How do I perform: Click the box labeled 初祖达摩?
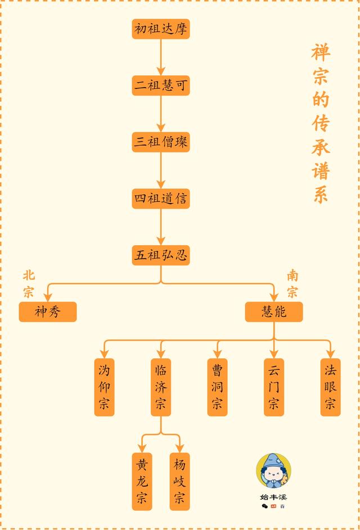(161, 29)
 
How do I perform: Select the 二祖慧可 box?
(161, 86)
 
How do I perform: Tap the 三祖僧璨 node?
(161, 142)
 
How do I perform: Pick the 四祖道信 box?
(161, 199)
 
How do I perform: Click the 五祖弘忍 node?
(161, 255)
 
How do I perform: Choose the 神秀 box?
(48, 311)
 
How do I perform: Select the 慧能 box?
(274, 311)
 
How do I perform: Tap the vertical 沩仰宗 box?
(104, 387)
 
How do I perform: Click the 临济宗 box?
(161, 387)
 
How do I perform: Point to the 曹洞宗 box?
(217, 387)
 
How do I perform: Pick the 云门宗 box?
(274, 387)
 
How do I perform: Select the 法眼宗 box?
(330, 387)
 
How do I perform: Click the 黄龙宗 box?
(142, 481)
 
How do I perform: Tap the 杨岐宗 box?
(179, 481)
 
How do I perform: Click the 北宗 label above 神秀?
(29, 284)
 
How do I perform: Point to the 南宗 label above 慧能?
(293, 284)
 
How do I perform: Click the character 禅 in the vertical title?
(321, 53)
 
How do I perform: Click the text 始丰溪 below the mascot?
(273, 497)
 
